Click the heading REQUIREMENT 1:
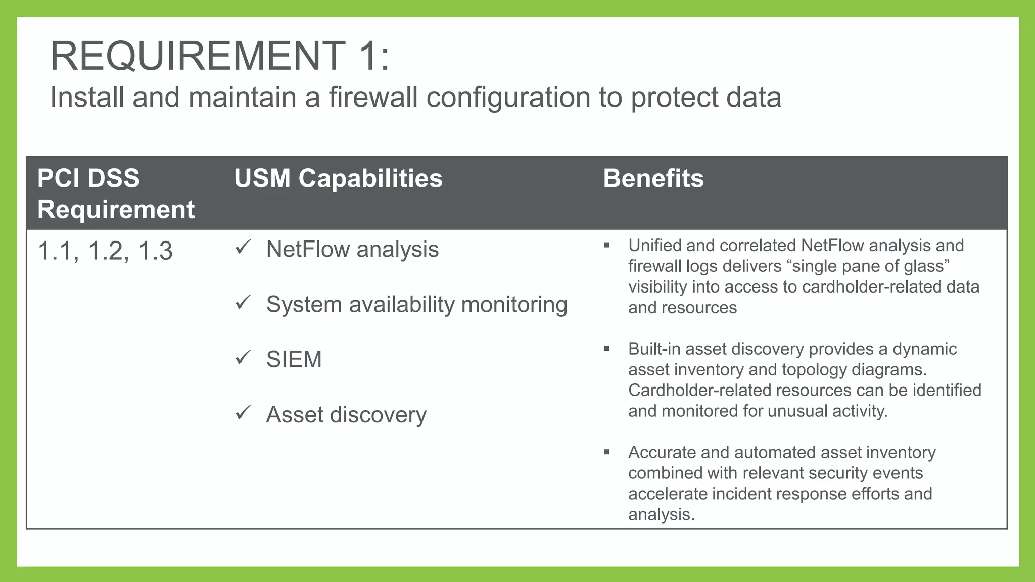pyautogui.click(x=220, y=56)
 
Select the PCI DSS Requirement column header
pyautogui.click(x=116, y=193)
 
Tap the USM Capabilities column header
pyautogui.click(x=338, y=178)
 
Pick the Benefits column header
pyautogui.click(x=653, y=178)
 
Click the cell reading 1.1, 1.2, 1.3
pyautogui.click(x=105, y=251)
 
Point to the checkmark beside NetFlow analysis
pyautogui.click(x=243, y=248)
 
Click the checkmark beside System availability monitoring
pyautogui.click(x=243, y=303)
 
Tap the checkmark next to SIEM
pyautogui.click(x=243, y=358)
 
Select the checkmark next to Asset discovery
pyautogui.click(x=243, y=413)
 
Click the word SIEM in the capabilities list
pyautogui.click(x=294, y=359)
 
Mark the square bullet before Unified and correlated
pyautogui.click(x=606, y=246)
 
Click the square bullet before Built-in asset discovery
pyautogui.click(x=606, y=349)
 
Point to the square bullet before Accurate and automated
pyautogui.click(x=606, y=452)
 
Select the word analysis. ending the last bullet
pyautogui.click(x=661, y=515)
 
